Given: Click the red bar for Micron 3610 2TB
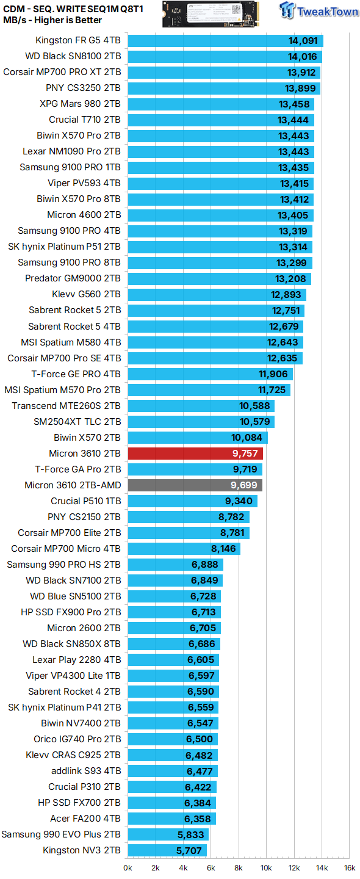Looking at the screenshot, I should point(195,454).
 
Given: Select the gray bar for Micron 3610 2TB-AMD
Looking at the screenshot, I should point(195,485).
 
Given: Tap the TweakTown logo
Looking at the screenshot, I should point(319,12).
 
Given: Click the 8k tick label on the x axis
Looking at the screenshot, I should point(239,867).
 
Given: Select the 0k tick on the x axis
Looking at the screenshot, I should point(128,867).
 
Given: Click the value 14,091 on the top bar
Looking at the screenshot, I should point(303,41).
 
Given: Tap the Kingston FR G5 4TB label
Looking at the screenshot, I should point(78,41).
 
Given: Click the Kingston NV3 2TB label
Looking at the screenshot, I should point(82,850).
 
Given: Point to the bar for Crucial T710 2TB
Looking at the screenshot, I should point(221,120).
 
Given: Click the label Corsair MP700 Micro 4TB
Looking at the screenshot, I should point(66,549).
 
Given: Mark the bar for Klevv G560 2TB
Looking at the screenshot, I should point(217,295).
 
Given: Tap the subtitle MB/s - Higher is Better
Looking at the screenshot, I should point(52,20).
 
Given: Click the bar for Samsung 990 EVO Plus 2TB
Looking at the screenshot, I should point(168,834).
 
